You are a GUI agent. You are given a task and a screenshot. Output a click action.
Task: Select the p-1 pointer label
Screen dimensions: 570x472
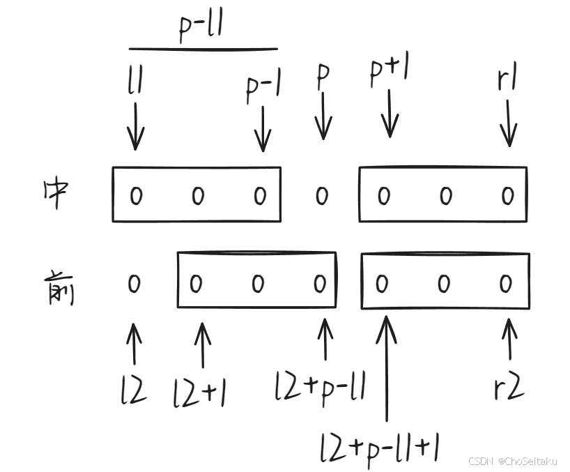click(x=262, y=89)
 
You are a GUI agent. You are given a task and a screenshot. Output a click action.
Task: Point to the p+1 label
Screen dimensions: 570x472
click(x=390, y=73)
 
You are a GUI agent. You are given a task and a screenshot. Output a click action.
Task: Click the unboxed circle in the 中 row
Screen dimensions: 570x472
click(x=321, y=196)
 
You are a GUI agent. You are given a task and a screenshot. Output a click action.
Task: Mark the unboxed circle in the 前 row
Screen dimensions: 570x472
click(x=134, y=283)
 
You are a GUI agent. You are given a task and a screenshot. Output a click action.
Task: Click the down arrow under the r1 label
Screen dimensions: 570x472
click(x=509, y=123)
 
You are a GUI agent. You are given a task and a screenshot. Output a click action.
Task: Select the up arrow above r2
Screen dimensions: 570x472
click(x=509, y=340)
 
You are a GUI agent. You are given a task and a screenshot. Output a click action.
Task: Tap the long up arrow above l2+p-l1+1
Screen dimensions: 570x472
click(x=386, y=370)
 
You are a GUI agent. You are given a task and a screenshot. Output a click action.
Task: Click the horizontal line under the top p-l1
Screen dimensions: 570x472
click(x=203, y=50)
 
